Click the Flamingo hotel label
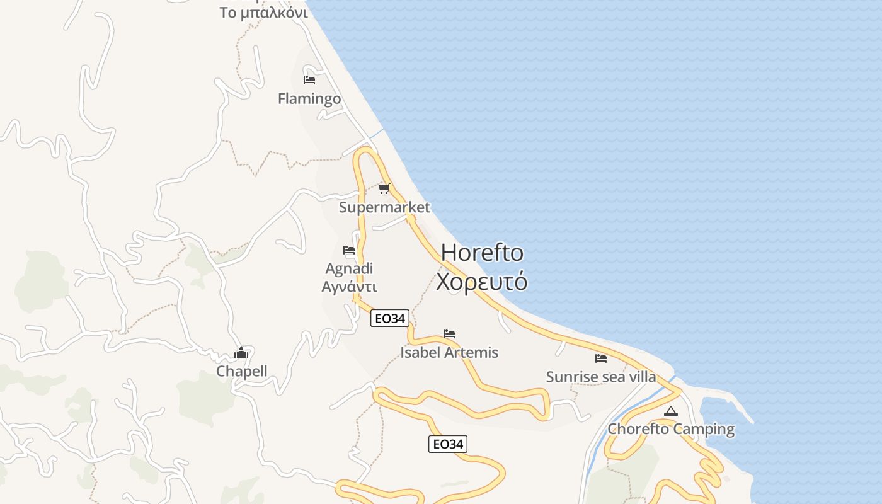(x=309, y=99)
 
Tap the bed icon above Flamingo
(x=309, y=80)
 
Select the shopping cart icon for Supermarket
(x=384, y=188)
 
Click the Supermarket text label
(x=384, y=207)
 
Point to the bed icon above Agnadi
(x=349, y=250)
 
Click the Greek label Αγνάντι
(x=349, y=287)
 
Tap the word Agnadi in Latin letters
(x=349, y=269)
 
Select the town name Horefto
(x=482, y=253)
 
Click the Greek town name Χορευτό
(x=482, y=282)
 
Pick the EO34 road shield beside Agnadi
(x=390, y=318)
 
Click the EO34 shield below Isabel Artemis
(x=448, y=444)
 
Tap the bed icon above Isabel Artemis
(x=449, y=334)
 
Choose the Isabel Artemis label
(x=449, y=352)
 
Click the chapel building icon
(x=241, y=353)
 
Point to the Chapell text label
(x=242, y=371)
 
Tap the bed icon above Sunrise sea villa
(x=601, y=358)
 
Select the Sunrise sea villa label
(x=601, y=377)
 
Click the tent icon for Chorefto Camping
(x=671, y=411)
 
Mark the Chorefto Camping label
(x=671, y=430)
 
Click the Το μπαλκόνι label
(x=263, y=13)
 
